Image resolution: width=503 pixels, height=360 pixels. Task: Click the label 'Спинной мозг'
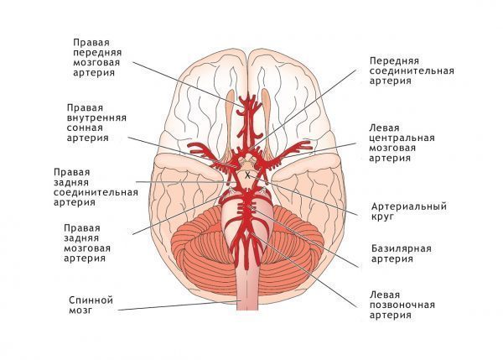point(91,305)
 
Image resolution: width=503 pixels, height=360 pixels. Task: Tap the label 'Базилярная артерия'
point(402,253)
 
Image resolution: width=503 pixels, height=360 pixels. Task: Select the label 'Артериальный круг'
point(409,211)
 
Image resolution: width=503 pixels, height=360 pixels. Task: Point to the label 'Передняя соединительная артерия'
point(412,70)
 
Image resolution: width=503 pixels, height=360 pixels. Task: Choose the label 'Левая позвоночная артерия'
point(402,305)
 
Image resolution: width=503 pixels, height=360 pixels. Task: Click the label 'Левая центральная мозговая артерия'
point(402,143)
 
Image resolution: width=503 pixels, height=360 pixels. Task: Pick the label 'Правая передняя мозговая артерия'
point(97,58)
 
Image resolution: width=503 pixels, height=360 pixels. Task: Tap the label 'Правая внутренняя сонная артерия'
point(96,123)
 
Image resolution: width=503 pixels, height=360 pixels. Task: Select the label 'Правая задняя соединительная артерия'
point(96,187)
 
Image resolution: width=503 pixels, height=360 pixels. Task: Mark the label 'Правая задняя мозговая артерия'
point(87,243)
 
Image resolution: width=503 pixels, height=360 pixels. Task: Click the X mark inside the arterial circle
point(247,175)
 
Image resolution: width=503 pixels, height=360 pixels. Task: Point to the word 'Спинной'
point(91,300)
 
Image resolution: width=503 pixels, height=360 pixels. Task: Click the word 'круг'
point(382,217)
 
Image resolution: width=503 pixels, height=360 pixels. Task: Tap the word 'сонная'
point(85,128)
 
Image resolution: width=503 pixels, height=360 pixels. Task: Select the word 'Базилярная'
point(402,248)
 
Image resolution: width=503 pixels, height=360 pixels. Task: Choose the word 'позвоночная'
point(402,305)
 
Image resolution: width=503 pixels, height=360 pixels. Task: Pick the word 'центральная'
point(402,138)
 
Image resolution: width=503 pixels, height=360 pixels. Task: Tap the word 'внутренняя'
point(96,117)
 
